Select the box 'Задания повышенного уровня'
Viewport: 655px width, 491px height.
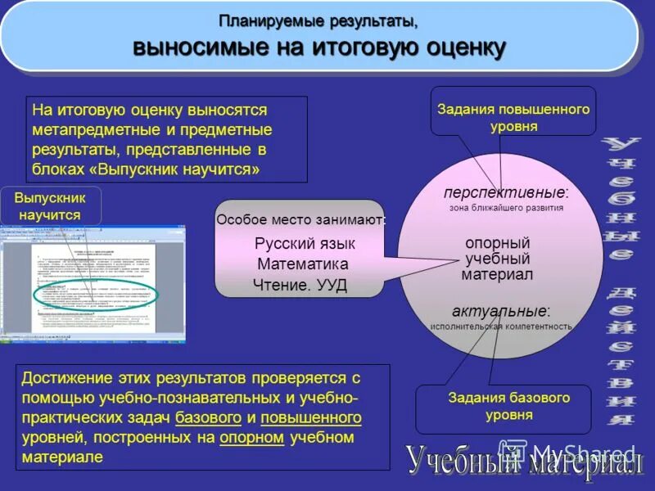pyautogui.click(x=513, y=117)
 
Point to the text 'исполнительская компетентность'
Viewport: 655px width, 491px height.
pyautogui.click(x=501, y=326)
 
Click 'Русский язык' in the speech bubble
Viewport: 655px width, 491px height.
pyautogui.click(x=305, y=243)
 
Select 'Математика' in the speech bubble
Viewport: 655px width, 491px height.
pyautogui.click(x=302, y=264)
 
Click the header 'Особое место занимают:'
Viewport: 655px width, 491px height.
pyautogui.click(x=300, y=219)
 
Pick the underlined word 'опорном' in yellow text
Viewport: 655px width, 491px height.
pyautogui.click(x=251, y=437)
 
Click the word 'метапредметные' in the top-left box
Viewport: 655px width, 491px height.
pyautogui.click(x=83, y=130)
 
